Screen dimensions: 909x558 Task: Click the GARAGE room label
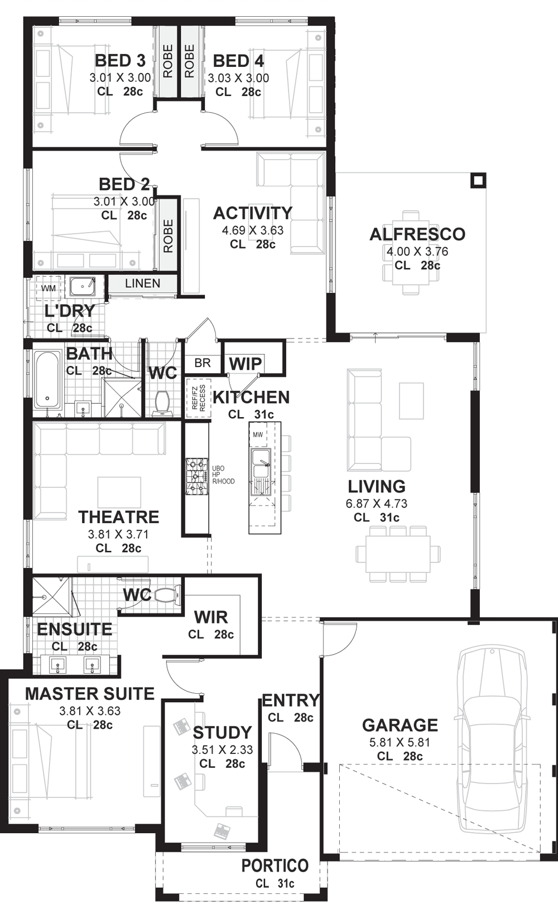400,725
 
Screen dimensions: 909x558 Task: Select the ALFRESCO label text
417,234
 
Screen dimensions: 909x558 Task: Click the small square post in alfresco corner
478,181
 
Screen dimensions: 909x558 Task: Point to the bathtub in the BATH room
47,379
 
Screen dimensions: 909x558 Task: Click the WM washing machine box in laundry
49,288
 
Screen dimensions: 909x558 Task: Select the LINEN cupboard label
142,283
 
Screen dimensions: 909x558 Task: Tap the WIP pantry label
245,364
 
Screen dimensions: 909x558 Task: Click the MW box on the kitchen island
258,434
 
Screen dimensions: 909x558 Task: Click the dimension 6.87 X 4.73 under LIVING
376,504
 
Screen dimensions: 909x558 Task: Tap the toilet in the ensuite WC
166,596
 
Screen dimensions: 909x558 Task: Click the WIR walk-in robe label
211,617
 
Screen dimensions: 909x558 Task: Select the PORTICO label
275,866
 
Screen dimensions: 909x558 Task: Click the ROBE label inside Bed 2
168,236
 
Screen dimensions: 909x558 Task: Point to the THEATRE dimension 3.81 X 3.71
118,534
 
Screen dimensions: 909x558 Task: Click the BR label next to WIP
203,363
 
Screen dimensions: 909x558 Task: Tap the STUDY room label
222,732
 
